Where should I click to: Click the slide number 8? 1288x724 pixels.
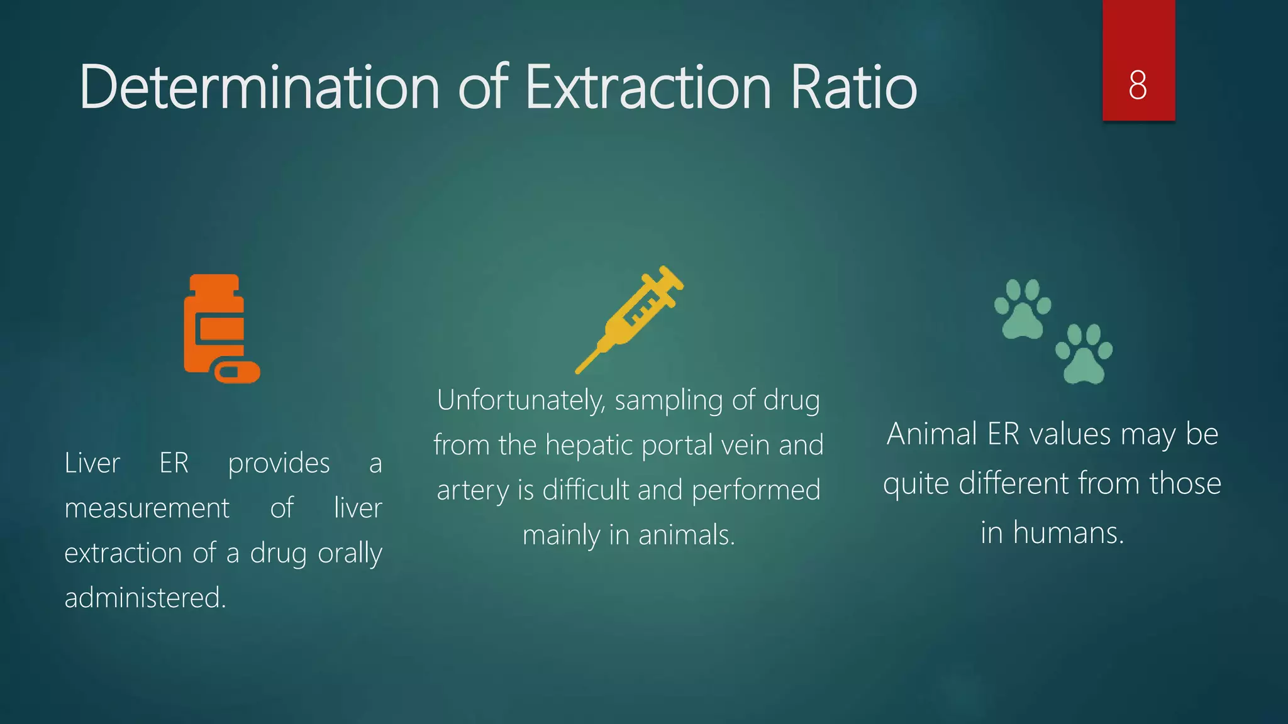1138,85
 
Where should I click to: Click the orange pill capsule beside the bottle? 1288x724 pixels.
237,372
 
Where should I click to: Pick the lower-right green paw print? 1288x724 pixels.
1083,354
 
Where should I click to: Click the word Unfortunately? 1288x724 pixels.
521,401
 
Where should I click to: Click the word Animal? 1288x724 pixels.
933,434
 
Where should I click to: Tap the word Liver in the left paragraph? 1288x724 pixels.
92,464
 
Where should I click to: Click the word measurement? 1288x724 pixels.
147,508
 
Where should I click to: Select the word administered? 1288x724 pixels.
145,598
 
